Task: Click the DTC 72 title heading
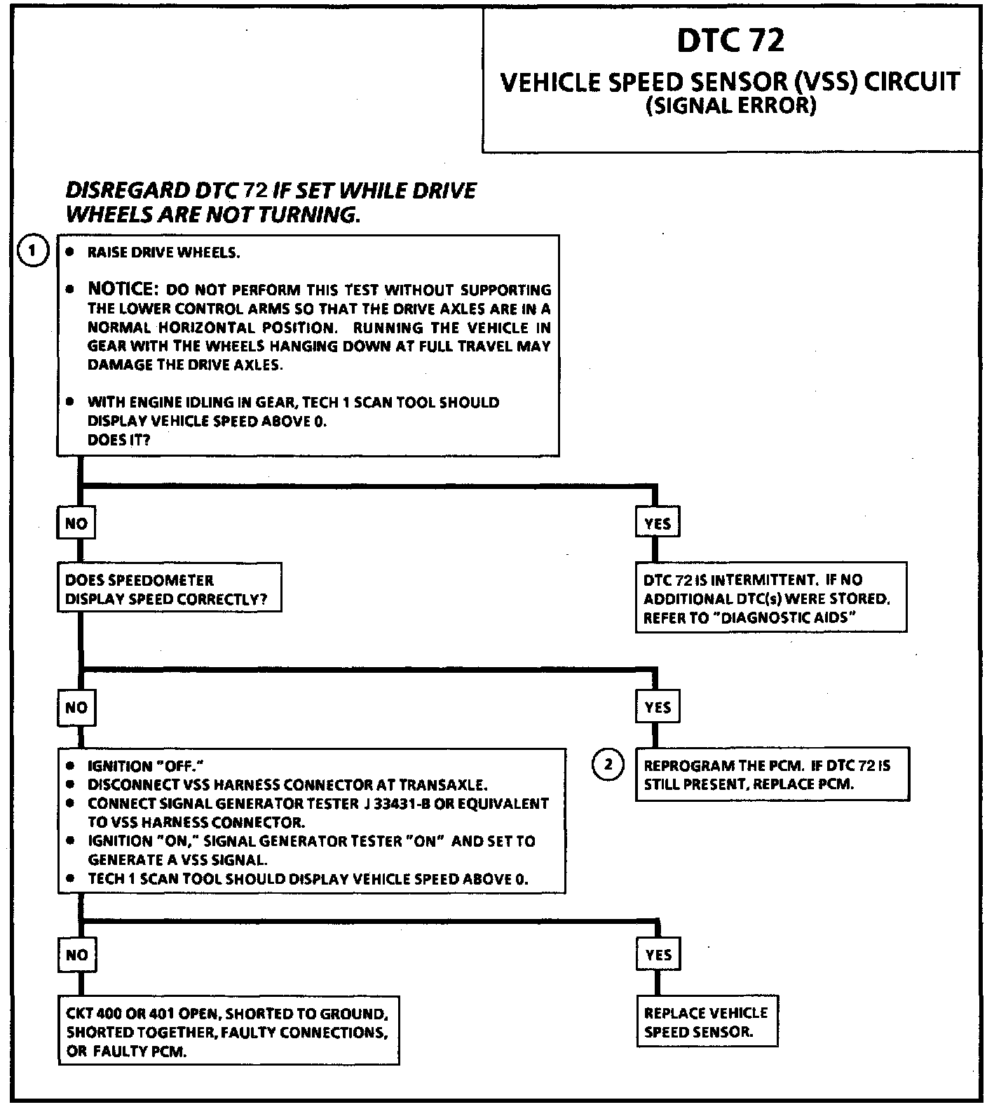[730, 41]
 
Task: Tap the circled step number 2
[608, 765]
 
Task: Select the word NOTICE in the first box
[121, 289]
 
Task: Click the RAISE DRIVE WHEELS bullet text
[163, 253]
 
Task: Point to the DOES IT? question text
[118, 440]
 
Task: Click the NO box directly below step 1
[76, 523]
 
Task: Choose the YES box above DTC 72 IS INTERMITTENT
[658, 523]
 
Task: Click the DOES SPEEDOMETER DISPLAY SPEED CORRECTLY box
[169, 589]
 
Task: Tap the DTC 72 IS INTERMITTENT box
[770, 598]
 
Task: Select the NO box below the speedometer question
[76, 707]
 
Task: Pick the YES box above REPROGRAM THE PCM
[658, 707]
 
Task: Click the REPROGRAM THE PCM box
[772, 774]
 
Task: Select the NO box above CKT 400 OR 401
[76, 955]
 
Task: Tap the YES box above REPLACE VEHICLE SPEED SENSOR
[658, 955]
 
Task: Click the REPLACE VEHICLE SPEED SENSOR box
[707, 1022]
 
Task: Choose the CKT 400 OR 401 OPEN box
[228, 1032]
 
